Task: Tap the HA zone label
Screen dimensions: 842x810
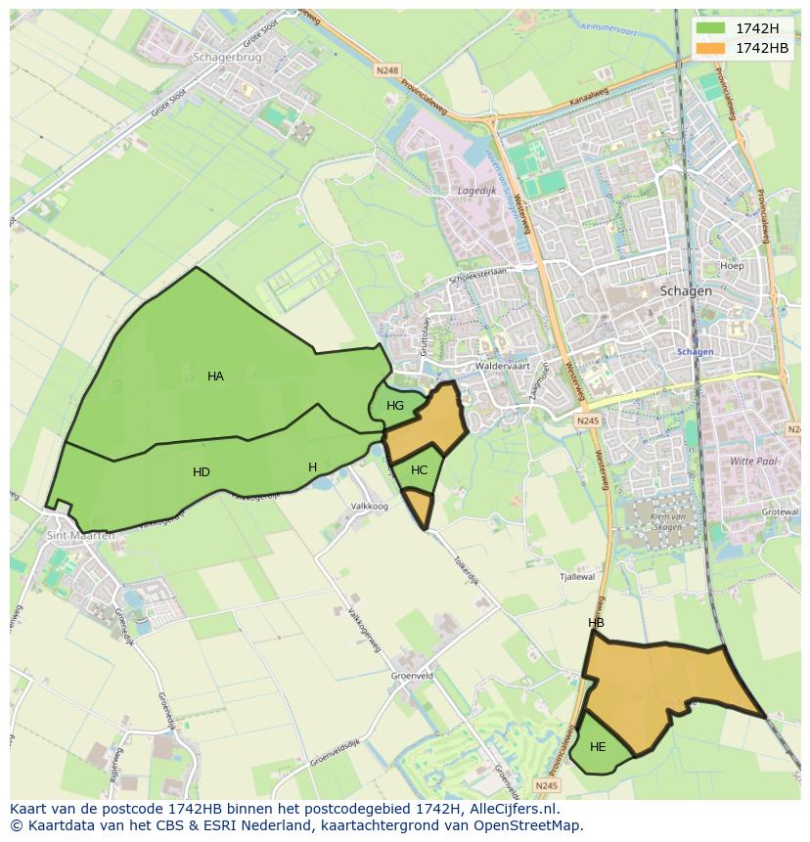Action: (x=215, y=377)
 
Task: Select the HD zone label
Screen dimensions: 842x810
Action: (x=202, y=472)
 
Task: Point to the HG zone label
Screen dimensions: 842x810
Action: (x=395, y=406)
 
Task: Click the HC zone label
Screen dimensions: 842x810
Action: (x=420, y=470)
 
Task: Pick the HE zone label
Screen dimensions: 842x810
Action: (x=598, y=747)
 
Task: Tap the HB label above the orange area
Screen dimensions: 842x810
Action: (x=596, y=623)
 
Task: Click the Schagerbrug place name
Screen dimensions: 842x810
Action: (x=228, y=58)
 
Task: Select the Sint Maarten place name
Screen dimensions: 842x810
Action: (x=80, y=536)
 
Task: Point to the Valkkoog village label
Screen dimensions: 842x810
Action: (x=369, y=507)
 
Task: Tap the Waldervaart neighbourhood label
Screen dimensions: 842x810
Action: (x=502, y=367)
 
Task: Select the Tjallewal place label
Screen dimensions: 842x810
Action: (x=576, y=578)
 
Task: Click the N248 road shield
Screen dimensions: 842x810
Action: (x=387, y=70)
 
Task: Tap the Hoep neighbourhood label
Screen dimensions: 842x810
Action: (x=732, y=266)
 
